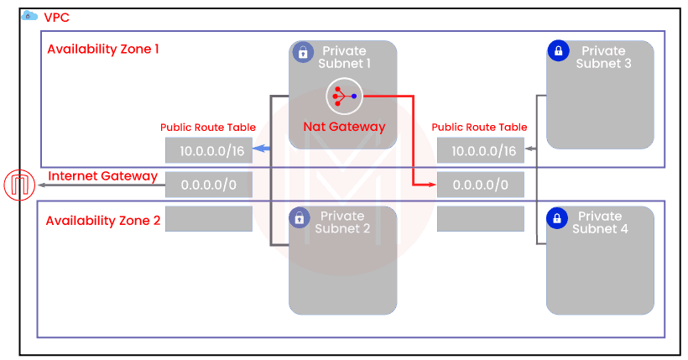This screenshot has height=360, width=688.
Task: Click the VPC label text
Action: pyautogui.click(x=56, y=16)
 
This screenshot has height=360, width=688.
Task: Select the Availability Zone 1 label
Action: pyautogui.click(x=103, y=49)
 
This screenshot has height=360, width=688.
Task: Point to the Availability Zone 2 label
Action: pyautogui.click(x=102, y=220)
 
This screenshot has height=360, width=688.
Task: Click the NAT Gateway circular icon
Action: pyautogui.click(x=343, y=96)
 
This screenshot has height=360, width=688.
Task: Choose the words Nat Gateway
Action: pyautogui.click(x=344, y=128)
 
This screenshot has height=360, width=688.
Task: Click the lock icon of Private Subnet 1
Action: pyautogui.click(x=303, y=52)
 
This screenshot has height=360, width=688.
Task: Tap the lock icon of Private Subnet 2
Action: pyautogui.click(x=299, y=219)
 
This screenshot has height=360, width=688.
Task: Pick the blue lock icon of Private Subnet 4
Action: pyautogui.click(x=556, y=218)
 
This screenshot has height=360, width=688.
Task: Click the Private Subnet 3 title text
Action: pyautogui.click(x=603, y=58)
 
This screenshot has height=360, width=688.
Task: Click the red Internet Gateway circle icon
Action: pyautogui.click(x=18, y=185)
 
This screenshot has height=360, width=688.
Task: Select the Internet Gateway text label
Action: pyautogui.click(x=103, y=176)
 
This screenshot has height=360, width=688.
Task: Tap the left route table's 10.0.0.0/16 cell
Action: pyautogui.click(x=208, y=150)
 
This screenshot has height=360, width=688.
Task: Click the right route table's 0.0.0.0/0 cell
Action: pyautogui.click(x=480, y=185)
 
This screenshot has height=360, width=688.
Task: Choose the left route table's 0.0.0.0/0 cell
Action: pyautogui.click(x=208, y=185)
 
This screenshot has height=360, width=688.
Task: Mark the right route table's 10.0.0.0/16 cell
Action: pyautogui.click(x=480, y=150)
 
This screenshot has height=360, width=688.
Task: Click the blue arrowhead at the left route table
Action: pyautogui.click(x=261, y=149)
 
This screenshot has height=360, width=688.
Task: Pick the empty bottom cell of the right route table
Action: pyautogui.click(x=480, y=219)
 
